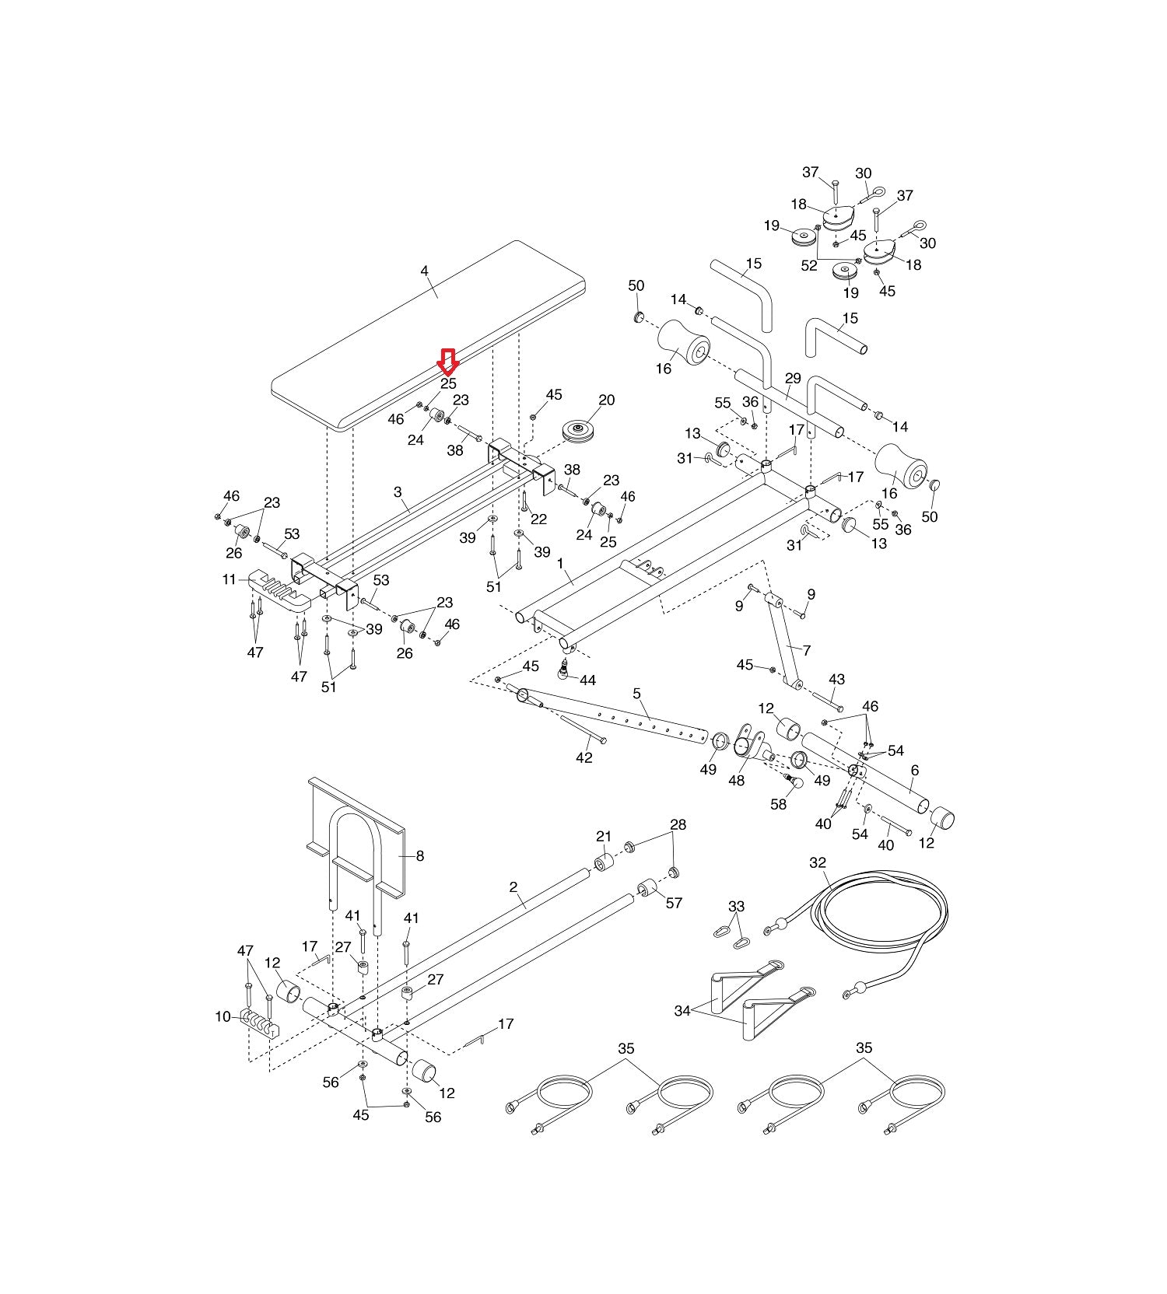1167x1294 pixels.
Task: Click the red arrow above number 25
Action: pos(448,362)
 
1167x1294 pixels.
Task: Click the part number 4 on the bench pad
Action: pos(424,271)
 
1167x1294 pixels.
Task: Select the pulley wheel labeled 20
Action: pos(580,433)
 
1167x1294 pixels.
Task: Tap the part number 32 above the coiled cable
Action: pos(818,862)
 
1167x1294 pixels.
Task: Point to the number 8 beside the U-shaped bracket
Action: pos(420,856)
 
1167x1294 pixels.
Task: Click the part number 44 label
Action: pos(587,680)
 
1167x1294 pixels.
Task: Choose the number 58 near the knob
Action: pos(779,805)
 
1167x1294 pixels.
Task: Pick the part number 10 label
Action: pos(223,1016)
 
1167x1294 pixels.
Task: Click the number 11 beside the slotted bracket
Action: pos(229,579)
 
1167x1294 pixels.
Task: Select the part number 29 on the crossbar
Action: pos(793,379)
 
